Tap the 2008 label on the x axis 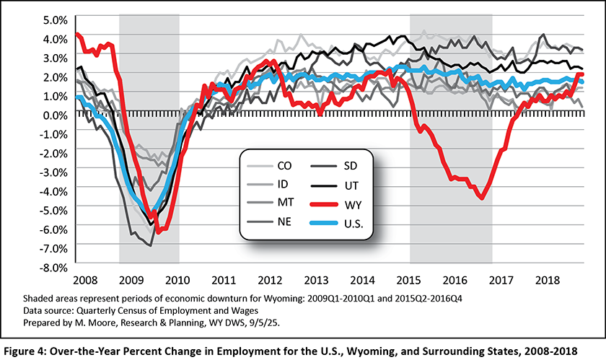pos(86,278)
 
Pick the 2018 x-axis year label pos(553,278)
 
